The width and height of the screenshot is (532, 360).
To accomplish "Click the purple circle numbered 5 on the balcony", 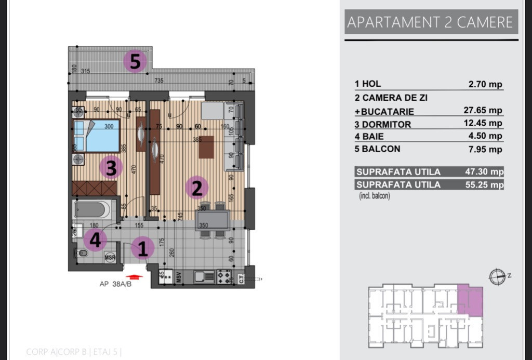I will pos(135,62).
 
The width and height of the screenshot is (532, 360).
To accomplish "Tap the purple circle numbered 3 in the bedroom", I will pos(111,168).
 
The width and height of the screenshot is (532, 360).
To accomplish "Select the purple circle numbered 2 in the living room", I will pos(196,188).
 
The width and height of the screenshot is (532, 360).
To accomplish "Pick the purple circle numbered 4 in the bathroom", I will pos(95,240).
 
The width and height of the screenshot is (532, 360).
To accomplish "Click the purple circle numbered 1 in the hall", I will pos(143,248).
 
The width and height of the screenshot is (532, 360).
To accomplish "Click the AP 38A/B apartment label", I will pos(115,284).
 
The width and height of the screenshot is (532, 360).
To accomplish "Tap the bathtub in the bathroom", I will pos(92,210).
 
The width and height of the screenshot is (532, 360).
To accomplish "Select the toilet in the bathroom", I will pos(82,254).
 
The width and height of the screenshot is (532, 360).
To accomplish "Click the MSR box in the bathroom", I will pos(110,257).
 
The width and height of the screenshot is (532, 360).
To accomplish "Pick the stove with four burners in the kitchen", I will pos(224,277).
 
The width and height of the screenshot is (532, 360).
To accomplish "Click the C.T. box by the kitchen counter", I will pos(241,278).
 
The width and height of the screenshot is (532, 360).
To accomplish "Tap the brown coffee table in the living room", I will pos(206,147).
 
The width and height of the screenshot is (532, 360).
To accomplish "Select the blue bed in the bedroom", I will pos(97,136).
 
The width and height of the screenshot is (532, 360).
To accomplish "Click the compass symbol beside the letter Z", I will pos(497,276).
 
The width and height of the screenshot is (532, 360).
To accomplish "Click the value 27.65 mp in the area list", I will pos(483,110).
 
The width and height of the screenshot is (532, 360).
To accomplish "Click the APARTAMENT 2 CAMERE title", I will pos(430,22).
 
